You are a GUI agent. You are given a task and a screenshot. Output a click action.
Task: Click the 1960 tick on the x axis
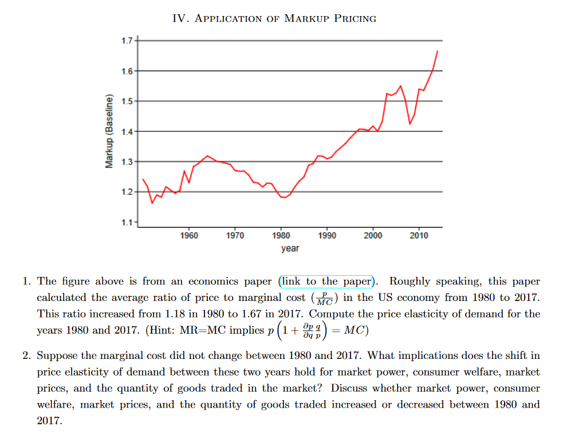189,236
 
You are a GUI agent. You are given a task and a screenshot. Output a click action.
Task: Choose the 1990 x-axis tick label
327,236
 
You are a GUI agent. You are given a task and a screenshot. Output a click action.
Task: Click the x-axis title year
290,248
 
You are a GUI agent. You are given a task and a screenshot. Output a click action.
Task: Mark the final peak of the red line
438,51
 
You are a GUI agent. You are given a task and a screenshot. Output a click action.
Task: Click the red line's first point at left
143,179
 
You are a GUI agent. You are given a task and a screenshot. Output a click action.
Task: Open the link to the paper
326,281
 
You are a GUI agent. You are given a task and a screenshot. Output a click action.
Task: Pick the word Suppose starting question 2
56,357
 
